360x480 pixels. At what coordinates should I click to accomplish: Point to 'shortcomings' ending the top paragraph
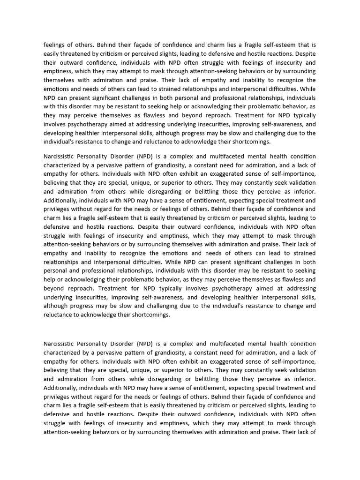tap(249, 142)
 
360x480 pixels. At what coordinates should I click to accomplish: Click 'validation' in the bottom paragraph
tap(299, 370)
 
